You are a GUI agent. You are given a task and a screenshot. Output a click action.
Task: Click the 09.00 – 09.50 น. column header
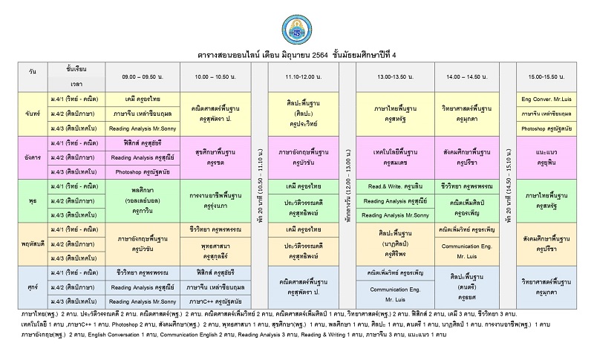[x=143, y=76]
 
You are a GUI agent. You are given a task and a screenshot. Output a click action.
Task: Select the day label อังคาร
[x=31, y=157]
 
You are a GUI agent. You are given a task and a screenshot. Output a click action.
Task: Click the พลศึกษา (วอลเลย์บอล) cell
[x=143, y=200]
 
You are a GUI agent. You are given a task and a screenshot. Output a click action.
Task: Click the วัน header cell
[x=31, y=76]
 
